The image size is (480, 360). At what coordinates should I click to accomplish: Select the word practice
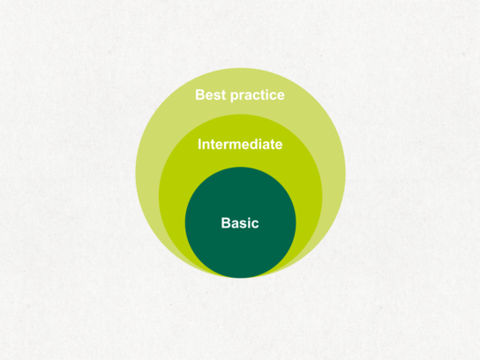pyautogui.click(x=258, y=96)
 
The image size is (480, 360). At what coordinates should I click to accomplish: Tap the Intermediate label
pyautogui.click(x=240, y=144)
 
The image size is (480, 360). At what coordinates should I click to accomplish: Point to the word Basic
pyautogui.click(x=240, y=223)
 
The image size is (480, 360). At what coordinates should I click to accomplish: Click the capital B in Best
pyautogui.click(x=200, y=95)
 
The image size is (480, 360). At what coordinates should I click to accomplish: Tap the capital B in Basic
pyautogui.click(x=226, y=223)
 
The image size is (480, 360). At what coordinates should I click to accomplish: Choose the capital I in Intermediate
pyautogui.click(x=199, y=144)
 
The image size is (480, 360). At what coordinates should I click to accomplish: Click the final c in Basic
pyautogui.click(x=255, y=225)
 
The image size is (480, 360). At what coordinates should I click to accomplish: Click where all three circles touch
pyautogui.click(x=240, y=278)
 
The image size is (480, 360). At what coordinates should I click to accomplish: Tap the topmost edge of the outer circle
pyautogui.click(x=240, y=68)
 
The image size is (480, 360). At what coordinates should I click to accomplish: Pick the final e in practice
pyautogui.click(x=281, y=97)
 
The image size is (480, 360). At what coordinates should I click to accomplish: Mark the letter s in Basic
pyautogui.click(x=241, y=225)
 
